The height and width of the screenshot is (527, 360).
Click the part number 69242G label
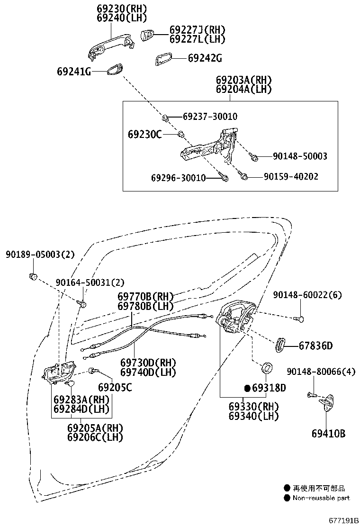tap(205, 58)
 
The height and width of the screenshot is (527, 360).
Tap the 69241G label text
tap(73, 72)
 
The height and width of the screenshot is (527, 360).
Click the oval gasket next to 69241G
tap(113, 70)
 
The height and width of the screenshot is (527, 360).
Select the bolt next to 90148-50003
tap(254, 156)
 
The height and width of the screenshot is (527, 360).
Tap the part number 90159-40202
tap(291, 176)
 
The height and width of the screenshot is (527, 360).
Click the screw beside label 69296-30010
tap(225, 178)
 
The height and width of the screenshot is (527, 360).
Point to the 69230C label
tap(144, 135)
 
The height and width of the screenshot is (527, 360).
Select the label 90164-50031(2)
tap(83, 282)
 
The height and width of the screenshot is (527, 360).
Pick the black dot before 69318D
tap(247, 388)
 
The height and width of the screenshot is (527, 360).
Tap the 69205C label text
tap(115, 388)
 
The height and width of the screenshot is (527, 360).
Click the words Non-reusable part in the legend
tap(321, 498)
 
